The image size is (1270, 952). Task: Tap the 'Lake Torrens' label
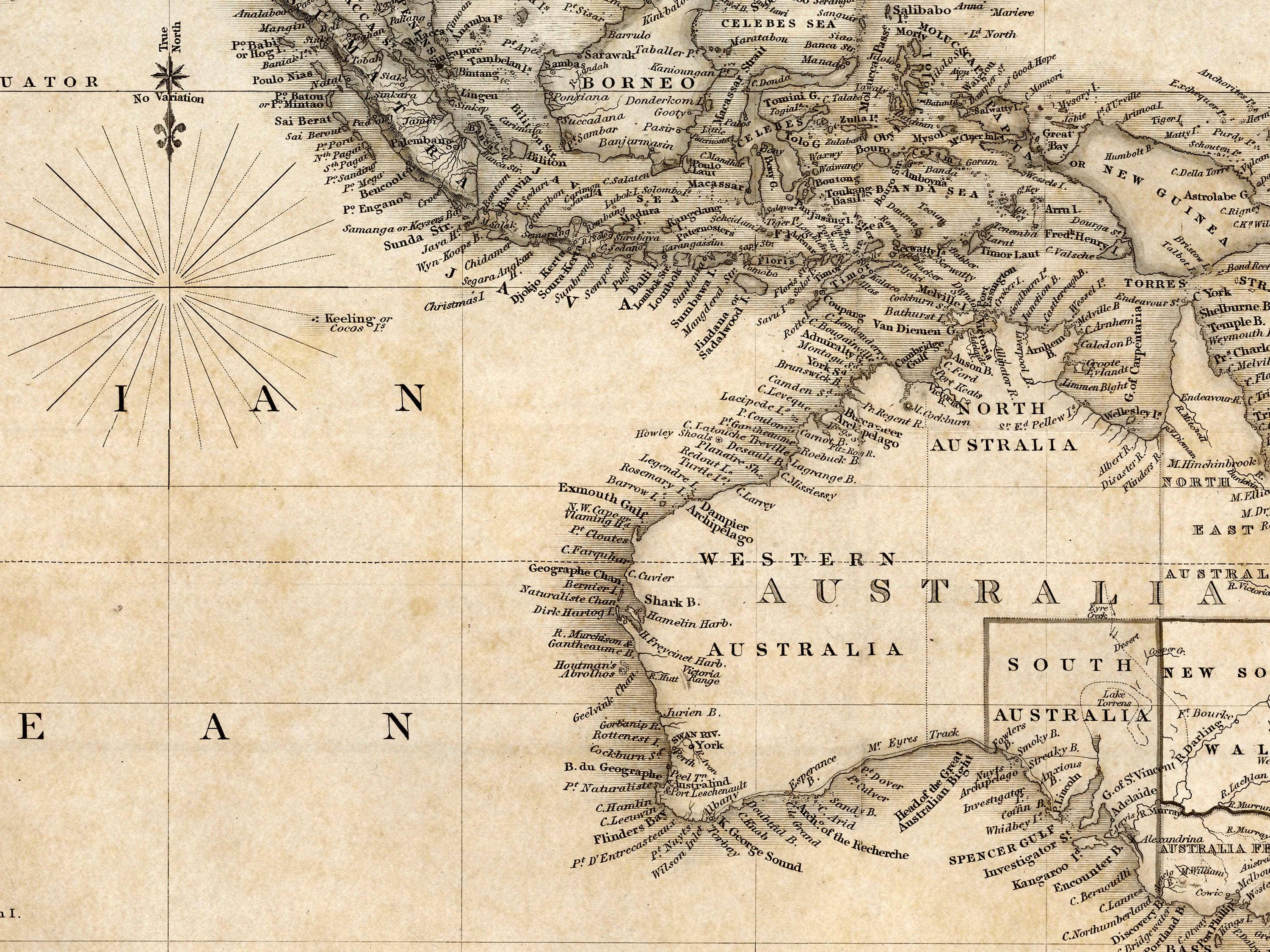pos(1113,698)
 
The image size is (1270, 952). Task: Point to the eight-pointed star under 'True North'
pos(170,76)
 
